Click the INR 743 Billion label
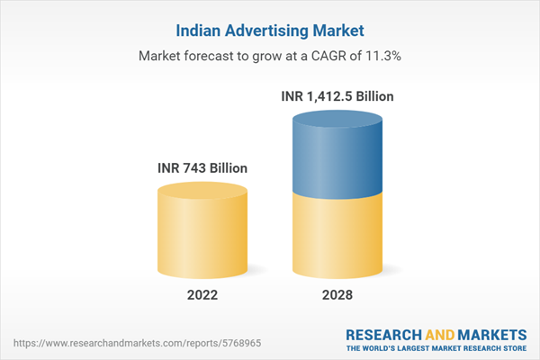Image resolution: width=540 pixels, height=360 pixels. pos(202,167)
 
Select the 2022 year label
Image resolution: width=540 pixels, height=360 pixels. pos(202,295)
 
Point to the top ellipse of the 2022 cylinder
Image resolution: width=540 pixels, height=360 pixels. pos(202,192)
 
